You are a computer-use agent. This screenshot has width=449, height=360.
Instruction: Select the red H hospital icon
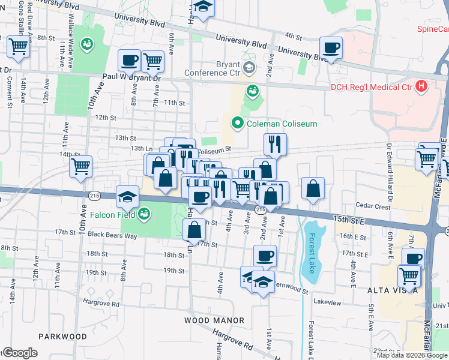421,87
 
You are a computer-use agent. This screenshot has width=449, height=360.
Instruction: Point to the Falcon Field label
112,214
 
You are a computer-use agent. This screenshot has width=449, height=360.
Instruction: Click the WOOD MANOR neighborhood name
215,320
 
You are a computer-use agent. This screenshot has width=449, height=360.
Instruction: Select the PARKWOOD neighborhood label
63,337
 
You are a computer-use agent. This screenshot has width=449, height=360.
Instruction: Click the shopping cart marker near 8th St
18,46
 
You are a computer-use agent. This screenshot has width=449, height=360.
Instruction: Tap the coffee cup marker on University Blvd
330,47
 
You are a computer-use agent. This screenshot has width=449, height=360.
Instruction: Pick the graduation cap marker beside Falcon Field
127,196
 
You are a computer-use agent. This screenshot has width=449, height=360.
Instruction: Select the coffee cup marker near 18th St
264,256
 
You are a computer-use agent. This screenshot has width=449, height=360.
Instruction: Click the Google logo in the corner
19,353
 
